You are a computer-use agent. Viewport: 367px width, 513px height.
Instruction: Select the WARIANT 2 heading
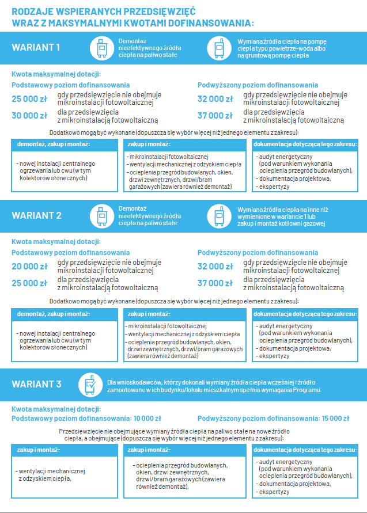[x=36, y=215]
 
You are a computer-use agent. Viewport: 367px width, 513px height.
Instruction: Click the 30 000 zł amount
[x=29, y=116]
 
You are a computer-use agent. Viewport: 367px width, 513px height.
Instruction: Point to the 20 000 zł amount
[x=29, y=267]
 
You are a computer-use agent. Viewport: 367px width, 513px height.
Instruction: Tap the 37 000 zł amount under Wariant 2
[x=215, y=283]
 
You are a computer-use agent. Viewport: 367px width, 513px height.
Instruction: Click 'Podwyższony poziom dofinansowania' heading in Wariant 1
[x=258, y=85]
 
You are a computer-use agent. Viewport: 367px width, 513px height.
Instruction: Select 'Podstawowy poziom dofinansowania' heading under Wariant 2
[x=71, y=252]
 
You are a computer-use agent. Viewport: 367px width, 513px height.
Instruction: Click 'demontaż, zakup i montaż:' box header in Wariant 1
[x=48, y=144]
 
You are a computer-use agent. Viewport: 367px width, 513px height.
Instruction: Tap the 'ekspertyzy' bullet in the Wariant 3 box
[x=274, y=492]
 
